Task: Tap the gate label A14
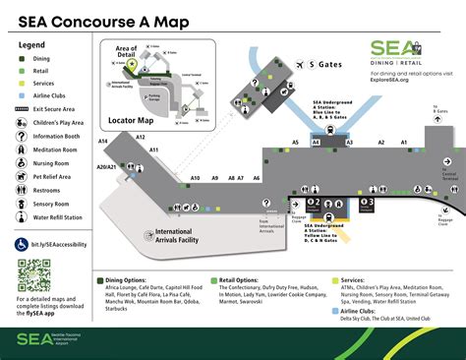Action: [103, 142]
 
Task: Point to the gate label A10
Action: [195, 178]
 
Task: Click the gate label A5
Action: [295, 143]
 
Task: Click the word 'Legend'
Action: [32, 45]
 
